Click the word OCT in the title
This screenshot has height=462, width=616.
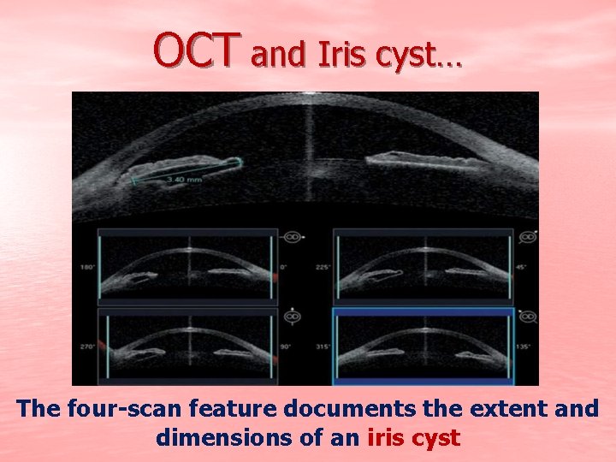193,50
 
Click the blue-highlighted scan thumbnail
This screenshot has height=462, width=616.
423,346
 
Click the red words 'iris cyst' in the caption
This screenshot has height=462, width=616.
414,439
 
